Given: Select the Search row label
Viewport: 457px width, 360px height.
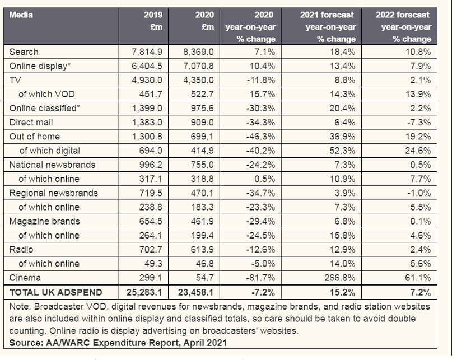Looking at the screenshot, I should coord(24,52).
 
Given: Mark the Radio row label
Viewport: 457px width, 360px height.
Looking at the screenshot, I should coord(22,249).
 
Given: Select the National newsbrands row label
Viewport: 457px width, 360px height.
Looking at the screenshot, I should coord(53,165).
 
